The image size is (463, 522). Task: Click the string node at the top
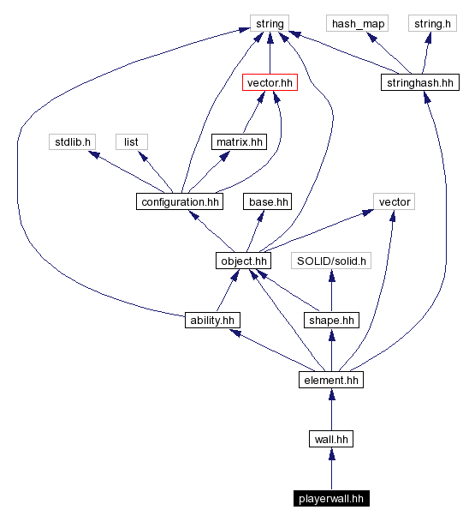270,23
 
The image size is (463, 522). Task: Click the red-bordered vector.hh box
270,82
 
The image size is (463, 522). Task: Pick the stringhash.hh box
419,82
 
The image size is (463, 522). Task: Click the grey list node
131,141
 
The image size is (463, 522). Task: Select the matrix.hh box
239,141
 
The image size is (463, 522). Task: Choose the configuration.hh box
179,201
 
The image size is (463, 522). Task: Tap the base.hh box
267,201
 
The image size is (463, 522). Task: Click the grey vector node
395,201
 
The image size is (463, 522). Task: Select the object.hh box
244,261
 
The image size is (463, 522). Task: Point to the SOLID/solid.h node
331,261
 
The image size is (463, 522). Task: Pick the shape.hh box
331,320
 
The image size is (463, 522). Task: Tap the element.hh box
331,379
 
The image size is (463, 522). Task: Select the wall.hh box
331,439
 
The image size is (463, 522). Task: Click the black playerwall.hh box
331,498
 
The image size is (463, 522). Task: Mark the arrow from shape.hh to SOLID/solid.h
331,291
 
